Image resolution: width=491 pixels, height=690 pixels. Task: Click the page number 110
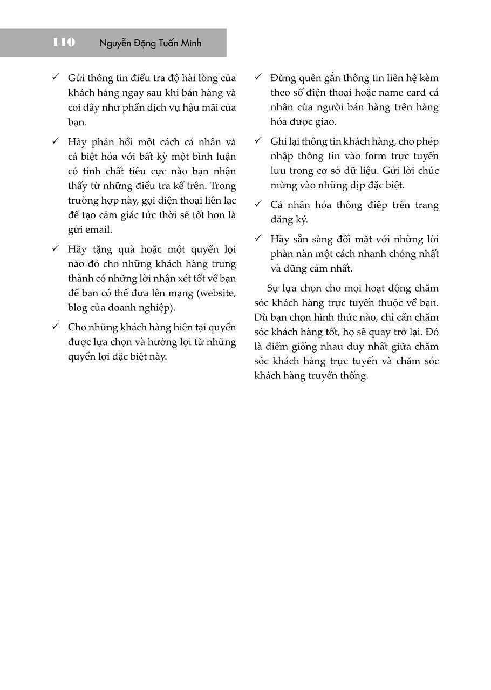64,43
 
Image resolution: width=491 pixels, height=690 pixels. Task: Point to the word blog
77,308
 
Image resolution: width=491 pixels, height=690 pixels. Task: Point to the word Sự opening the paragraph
274,288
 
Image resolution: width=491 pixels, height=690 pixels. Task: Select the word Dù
261,317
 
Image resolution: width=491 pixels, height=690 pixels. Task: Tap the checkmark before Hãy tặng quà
56,249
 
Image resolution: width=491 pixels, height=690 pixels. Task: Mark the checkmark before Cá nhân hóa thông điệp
258,205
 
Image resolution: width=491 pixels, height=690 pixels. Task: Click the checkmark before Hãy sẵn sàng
258,239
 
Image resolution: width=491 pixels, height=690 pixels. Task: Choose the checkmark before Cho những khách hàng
56,327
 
